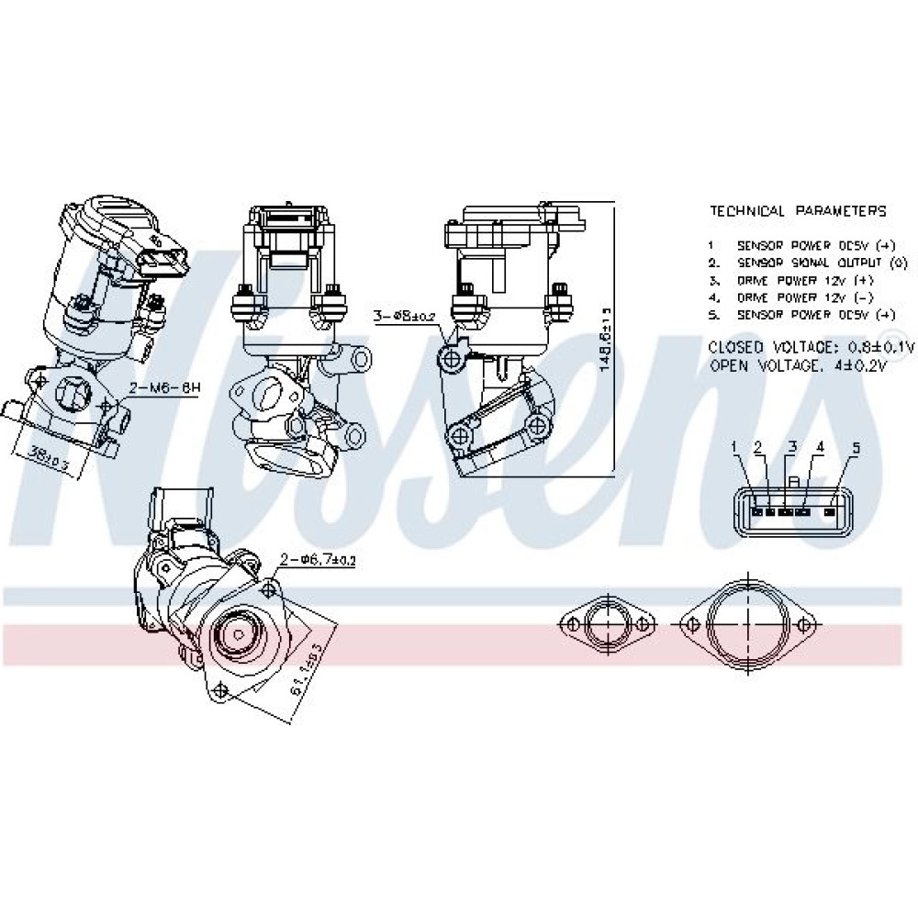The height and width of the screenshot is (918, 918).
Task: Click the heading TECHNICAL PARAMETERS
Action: point(798,211)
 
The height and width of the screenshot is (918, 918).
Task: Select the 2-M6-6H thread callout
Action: point(164,388)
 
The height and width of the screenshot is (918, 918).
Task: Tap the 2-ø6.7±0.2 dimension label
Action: point(318,557)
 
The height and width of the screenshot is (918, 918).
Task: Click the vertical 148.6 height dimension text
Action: point(604,340)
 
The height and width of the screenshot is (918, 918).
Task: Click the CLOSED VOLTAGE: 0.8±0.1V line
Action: point(812,347)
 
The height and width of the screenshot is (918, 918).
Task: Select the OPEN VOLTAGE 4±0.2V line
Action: point(798,364)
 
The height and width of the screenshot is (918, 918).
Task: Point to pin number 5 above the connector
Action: point(856,448)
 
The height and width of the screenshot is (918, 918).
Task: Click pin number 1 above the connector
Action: point(734,446)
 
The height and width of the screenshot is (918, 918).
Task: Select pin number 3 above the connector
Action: point(791,447)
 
